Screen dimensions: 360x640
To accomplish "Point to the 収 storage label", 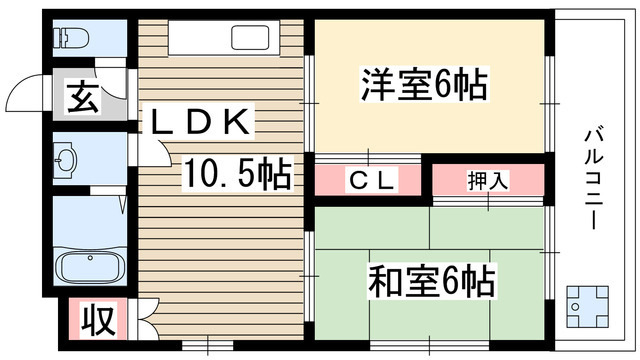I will click(95, 322).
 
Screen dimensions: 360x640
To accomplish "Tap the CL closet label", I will click(371, 180).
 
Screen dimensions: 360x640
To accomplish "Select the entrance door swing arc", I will click(22, 97).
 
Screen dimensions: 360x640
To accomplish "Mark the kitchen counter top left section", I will click(195, 38).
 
